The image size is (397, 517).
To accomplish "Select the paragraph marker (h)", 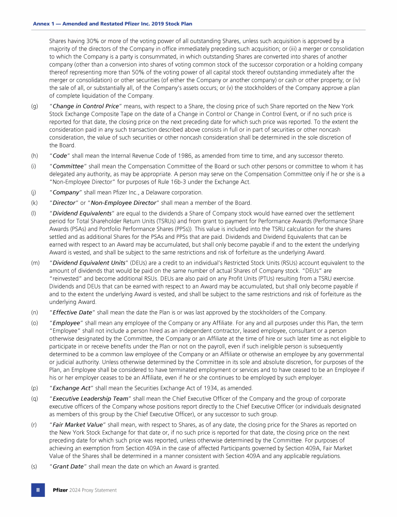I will [34, 156].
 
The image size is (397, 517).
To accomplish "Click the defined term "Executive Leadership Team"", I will [90, 399].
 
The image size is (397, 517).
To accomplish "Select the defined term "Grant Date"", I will [69, 466].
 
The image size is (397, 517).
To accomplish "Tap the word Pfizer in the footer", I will [60, 490].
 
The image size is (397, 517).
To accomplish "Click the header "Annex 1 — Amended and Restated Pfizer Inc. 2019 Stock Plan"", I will [113, 24].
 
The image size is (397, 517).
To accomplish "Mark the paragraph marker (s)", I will [34, 466].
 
